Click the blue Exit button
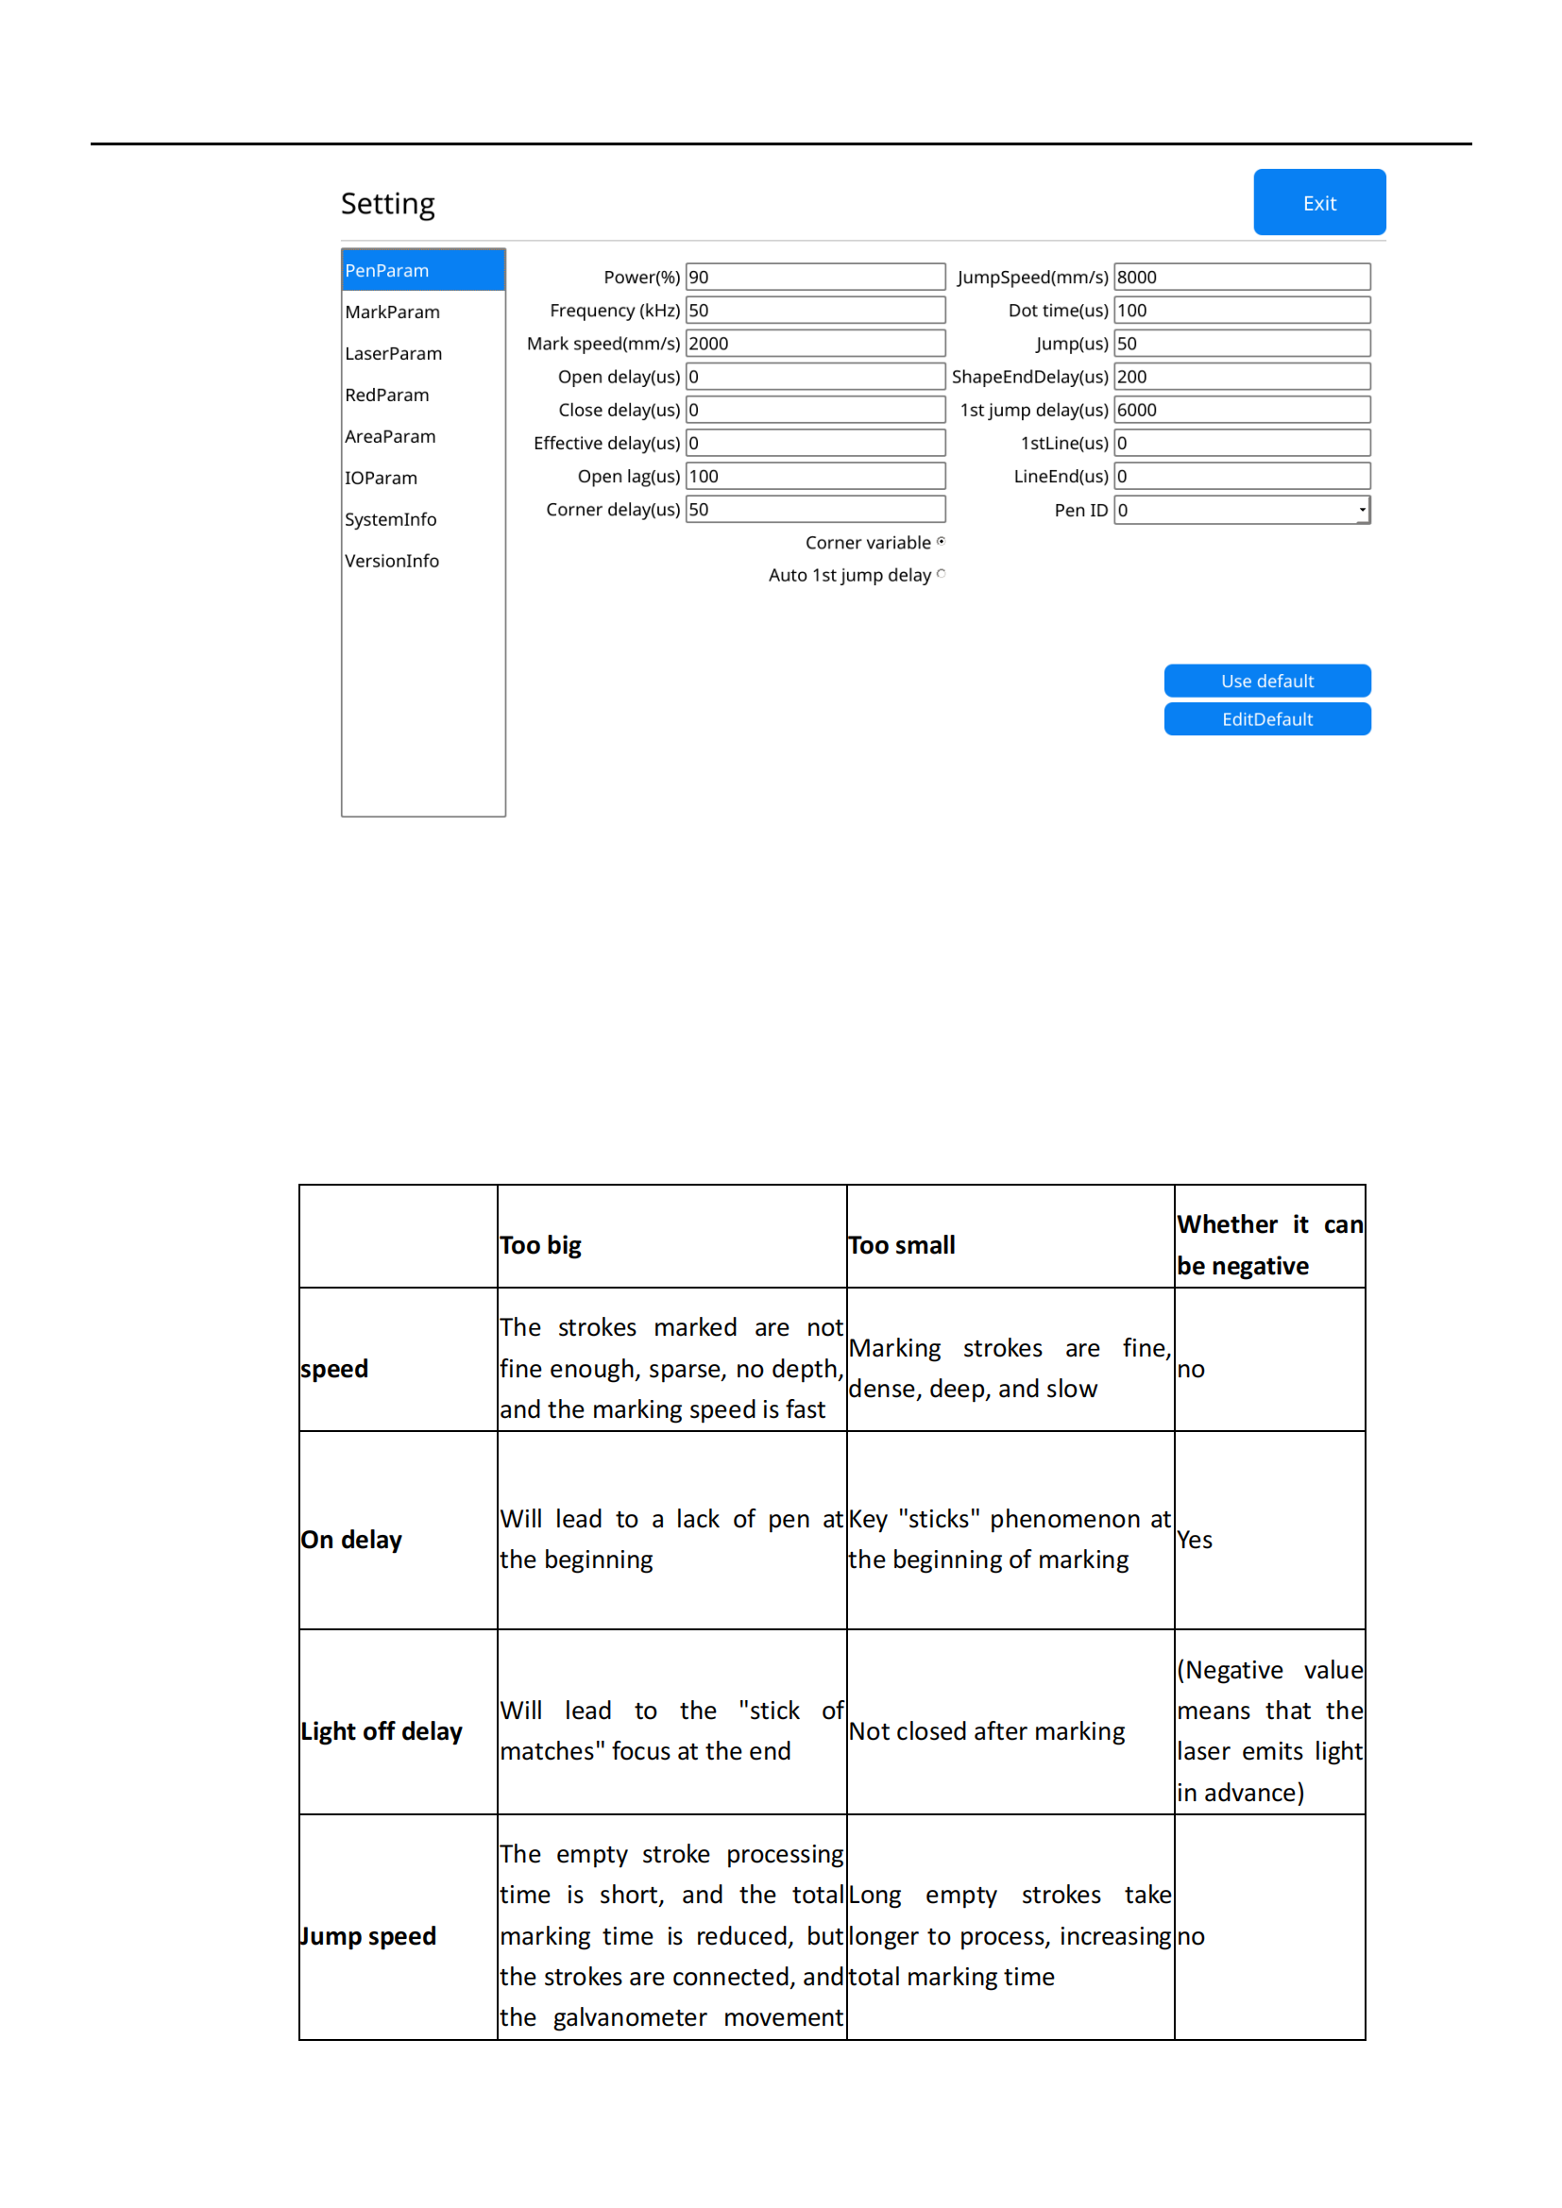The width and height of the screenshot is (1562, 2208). point(1318,203)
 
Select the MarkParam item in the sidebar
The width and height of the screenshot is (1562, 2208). point(393,312)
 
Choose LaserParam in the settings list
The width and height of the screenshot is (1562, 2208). point(394,354)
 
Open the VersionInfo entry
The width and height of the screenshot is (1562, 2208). point(392,561)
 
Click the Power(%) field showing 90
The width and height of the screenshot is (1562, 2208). point(815,277)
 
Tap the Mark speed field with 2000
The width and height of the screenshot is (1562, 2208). point(815,344)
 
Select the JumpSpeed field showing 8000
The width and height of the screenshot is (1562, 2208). point(1241,277)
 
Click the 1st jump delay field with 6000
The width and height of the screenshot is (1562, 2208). point(1241,410)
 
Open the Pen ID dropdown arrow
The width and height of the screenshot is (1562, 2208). point(1362,510)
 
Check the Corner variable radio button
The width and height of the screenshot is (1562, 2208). point(941,542)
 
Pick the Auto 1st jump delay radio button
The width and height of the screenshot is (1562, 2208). point(941,574)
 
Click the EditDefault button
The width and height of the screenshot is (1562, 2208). point(1266,719)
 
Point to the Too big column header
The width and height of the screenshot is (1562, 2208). point(540,1245)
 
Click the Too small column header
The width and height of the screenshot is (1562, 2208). point(901,1245)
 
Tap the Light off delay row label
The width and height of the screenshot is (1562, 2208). point(382,1731)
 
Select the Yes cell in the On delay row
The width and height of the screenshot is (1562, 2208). point(1195,1540)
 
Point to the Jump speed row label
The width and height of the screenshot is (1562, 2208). point(368,1936)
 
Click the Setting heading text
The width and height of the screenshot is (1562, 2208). point(387,204)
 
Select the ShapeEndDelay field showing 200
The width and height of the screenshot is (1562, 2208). point(1241,377)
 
